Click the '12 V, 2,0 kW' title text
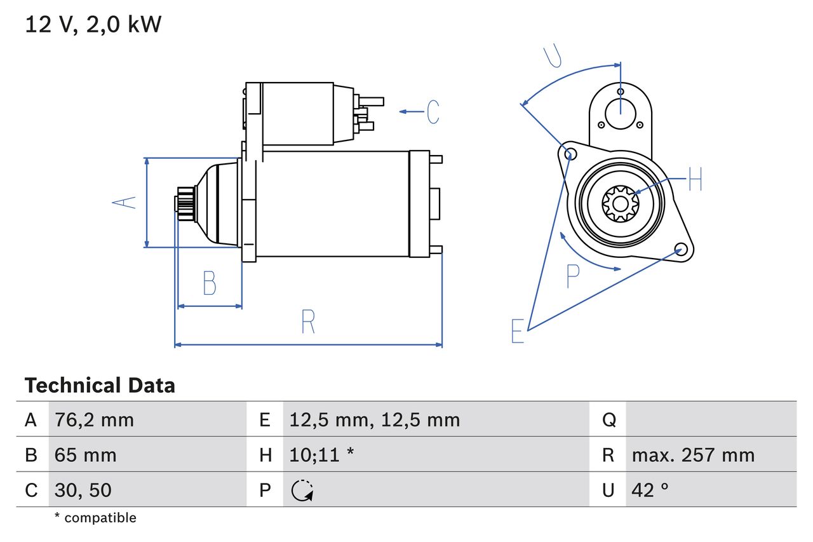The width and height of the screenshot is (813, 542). pos(93,24)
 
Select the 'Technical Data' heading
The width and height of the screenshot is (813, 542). pos(100,386)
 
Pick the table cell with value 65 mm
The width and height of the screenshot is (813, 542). pos(86,455)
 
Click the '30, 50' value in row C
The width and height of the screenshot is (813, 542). pos(83,490)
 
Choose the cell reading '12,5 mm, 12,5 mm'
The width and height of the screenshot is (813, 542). pos(374,419)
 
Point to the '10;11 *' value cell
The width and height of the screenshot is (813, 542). pos(321,455)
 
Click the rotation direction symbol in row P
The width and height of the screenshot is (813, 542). pos(302,490)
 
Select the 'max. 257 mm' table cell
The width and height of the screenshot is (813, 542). pos(693,455)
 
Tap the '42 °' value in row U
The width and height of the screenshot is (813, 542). pos(650,490)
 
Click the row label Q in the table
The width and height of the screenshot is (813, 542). pos(608,419)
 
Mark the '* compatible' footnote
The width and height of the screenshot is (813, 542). pos(95,518)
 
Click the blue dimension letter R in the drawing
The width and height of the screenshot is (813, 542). pos(308,322)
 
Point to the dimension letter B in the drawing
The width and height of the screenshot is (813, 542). pos(210,283)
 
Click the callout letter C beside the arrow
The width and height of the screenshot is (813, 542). pos(433,112)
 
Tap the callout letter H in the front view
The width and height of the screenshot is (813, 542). pos(695,179)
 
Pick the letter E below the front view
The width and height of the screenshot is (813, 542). pos(518,331)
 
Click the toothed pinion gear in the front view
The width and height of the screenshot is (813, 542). pos(620,203)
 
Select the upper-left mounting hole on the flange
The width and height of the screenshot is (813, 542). pos(570,153)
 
